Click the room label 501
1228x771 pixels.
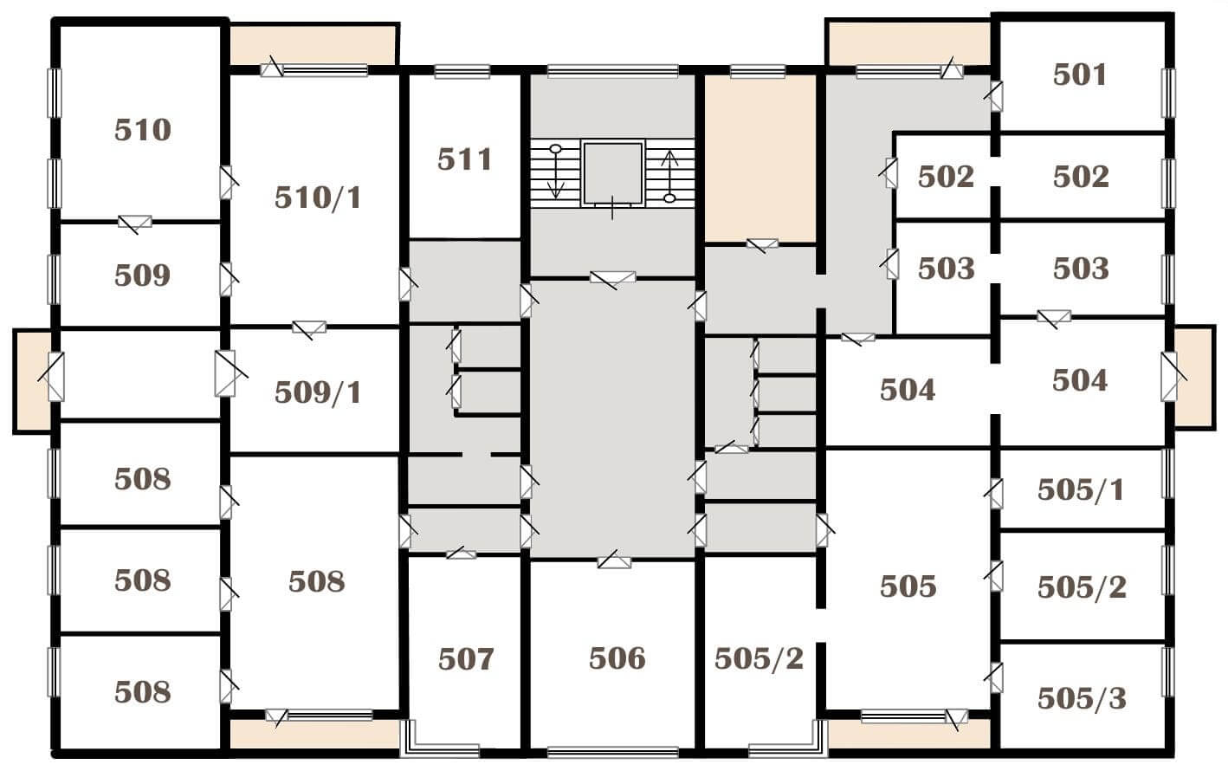pos(1079,75)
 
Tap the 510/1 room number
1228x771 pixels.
pos(318,198)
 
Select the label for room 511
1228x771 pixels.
pos(464,159)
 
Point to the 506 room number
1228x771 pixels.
pos(617,658)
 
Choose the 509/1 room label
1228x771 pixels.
pos(318,392)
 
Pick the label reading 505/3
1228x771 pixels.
pos(1083,698)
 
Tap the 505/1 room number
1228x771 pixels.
pos(1081,489)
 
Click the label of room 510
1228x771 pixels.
pos(143,130)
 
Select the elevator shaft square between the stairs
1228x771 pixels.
pos(612,173)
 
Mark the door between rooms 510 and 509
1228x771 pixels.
pos(134,222)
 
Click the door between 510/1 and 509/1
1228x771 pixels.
pos(309,328)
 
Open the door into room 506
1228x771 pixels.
pos(614,560)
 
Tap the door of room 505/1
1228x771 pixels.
pos(995,494)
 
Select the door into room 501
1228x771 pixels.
pos(995,95)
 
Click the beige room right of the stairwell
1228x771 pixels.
pos(760,158)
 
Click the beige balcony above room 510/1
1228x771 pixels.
pos(313,45)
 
